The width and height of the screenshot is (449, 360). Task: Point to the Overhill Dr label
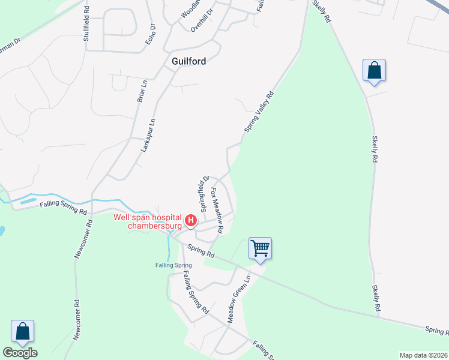(202, 20)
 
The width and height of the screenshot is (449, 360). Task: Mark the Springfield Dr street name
(203, 193)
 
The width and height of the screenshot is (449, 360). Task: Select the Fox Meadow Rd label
(216, 210)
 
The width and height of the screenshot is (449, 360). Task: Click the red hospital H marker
(190, 221)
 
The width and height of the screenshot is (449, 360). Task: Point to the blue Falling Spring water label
(173, 265)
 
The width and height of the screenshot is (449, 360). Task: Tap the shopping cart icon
(260, 248)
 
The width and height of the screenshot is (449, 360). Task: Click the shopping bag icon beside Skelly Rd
(374, 70)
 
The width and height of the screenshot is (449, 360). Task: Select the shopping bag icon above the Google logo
(22, 331)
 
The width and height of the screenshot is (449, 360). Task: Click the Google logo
(20, 353)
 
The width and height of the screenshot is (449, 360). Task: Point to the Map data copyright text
(423, 355)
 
